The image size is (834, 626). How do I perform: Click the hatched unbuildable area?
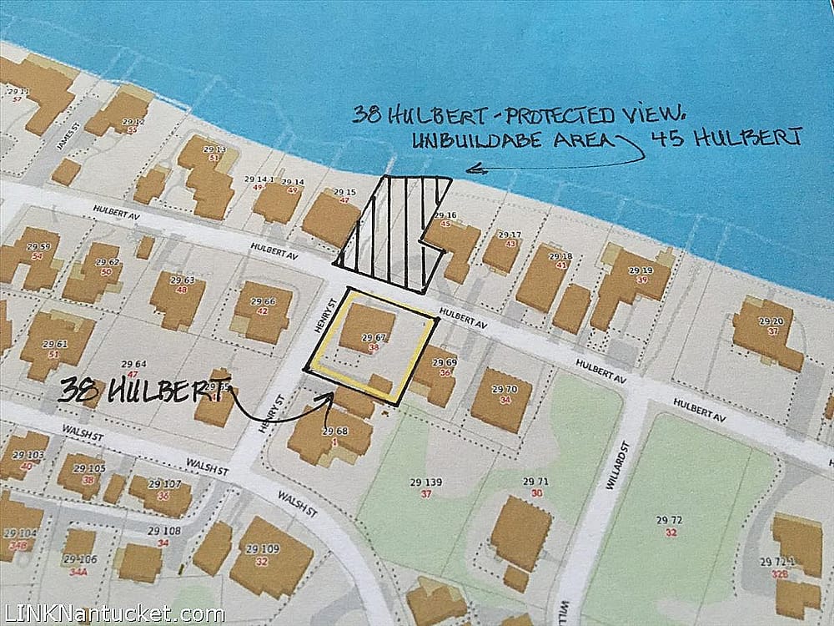point(392,234)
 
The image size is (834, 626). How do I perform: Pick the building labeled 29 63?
point(178,298)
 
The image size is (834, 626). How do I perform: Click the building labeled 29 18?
point(541,276)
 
